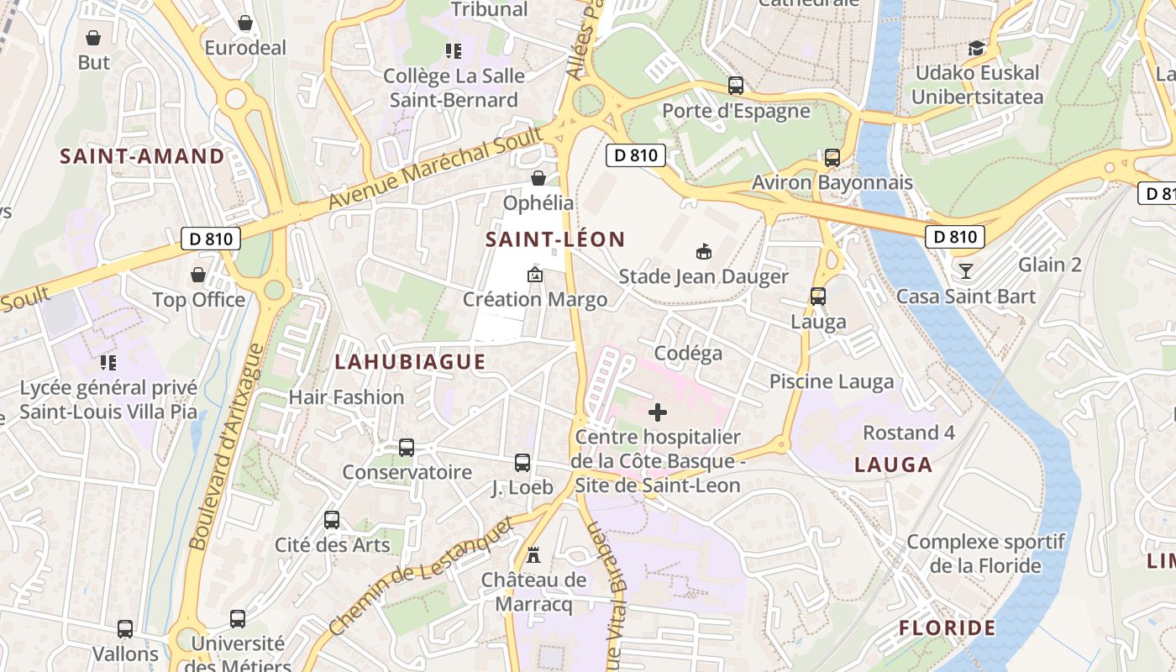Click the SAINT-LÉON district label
tap(555, 239)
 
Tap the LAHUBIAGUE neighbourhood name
tap(410, 362)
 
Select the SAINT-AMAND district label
tap(142, 156)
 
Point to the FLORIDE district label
tap(947, 627)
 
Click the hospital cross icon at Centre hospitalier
tap(658, 412)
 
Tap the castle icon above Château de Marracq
tap(533, 554)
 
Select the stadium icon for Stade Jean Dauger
tap(703, 251)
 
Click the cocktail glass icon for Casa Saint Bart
tap(966, 270)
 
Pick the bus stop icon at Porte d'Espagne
tap(736, 86)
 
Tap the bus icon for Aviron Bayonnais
tap(832, 157)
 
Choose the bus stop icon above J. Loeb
tap(522, 462)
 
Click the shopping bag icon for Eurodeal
tap(245, 23)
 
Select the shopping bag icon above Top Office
tap(198, 275)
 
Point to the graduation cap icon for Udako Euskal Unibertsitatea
tap(976, 48)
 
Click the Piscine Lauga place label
tap(832, 381)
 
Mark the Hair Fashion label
tap(346, 396)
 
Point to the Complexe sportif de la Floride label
tap(985, 554)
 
